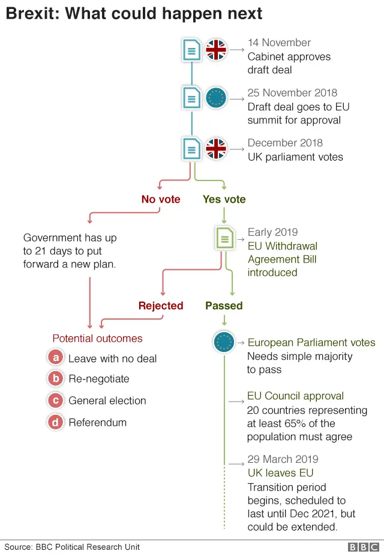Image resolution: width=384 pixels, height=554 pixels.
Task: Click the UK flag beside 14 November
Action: coord(216,49)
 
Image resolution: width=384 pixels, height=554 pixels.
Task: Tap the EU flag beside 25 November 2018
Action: coord(216,98)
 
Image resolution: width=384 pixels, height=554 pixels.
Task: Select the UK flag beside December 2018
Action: coord(216,149)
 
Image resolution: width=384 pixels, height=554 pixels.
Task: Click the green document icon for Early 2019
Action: coord(225,238)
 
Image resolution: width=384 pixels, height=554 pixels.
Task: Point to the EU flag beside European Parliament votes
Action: coord(224,342)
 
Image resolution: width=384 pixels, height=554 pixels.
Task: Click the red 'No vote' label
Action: coord(161,199)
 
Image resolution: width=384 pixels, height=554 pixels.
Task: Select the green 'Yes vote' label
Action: coord(224,199)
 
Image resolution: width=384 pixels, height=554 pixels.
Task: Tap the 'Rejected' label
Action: coord(161,306)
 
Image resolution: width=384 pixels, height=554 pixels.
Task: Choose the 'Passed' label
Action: coord(224,306)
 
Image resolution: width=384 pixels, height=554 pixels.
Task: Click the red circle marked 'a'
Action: coord(56,358)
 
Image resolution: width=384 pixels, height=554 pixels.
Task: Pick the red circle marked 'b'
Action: coord(56,378)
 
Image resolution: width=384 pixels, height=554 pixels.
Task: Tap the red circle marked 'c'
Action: coord(56,401)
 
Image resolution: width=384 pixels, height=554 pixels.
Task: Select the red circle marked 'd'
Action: coord(56,422)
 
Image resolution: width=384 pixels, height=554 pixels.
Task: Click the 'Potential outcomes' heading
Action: coord(97,339)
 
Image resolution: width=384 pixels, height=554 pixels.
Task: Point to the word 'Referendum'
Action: coord(98,423)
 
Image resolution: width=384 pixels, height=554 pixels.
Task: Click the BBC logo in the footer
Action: coord(364,547)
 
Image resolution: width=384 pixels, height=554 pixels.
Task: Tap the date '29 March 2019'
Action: coord(283,459)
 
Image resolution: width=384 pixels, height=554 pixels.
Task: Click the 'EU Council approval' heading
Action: coord(296,396)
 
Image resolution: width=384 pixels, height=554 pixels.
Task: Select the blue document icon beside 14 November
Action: coord(191,50)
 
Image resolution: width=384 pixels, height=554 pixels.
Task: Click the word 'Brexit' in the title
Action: coord(31,13)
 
